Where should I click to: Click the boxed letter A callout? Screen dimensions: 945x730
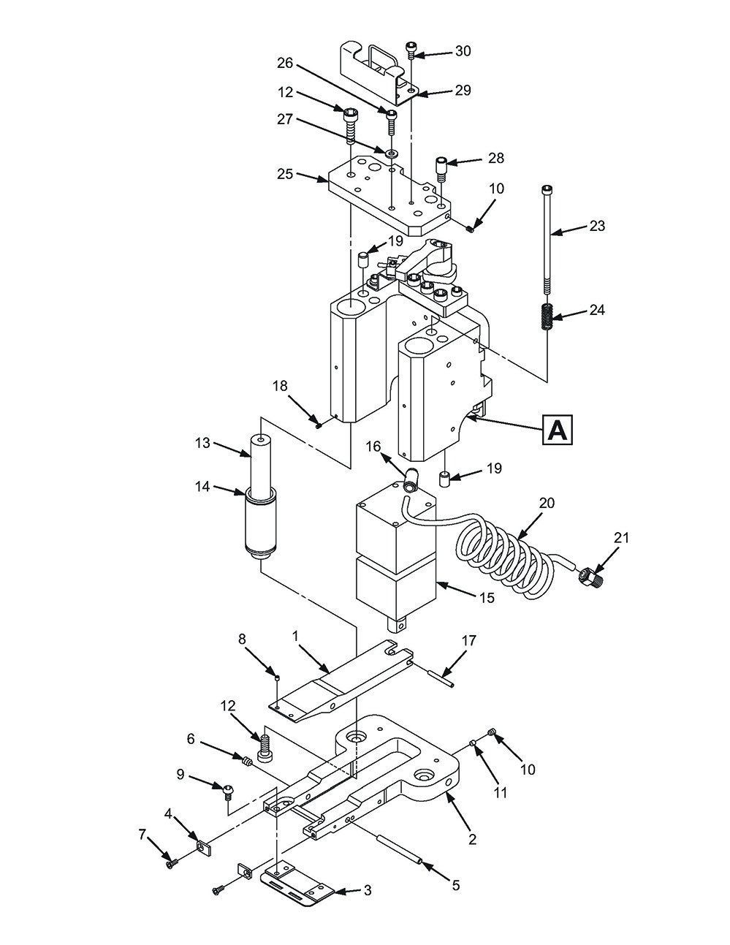(557, 430)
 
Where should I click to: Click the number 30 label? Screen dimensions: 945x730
(463, 51)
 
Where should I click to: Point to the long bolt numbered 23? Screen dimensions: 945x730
(547, 241)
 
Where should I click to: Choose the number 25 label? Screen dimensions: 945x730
(285, 175)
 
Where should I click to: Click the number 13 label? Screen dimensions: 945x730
(202, 443)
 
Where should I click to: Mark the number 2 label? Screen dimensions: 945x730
(472, 840)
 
